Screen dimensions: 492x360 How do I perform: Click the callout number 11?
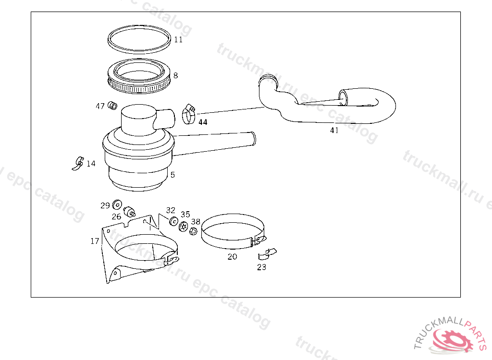point(178,40)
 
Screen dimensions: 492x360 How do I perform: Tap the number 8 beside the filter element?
point(176,75)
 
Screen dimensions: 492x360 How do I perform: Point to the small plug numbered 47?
point(113,105)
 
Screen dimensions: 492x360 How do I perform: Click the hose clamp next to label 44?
point(188,114)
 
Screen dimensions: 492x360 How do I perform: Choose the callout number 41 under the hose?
point(334,130)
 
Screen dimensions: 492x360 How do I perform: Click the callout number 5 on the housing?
point(172,175)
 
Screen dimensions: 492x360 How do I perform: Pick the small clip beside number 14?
point(78,163)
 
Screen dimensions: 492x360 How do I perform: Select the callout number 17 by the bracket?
point(95,241)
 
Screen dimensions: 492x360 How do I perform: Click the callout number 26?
point(117,216)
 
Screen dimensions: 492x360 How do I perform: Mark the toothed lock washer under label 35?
point(183,226)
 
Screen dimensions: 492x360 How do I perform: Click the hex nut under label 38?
point(192,231)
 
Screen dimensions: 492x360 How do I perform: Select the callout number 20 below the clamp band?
point(233,257)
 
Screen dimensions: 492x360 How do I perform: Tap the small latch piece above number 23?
point(268,253)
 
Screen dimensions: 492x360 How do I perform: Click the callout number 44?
point(203,122)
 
